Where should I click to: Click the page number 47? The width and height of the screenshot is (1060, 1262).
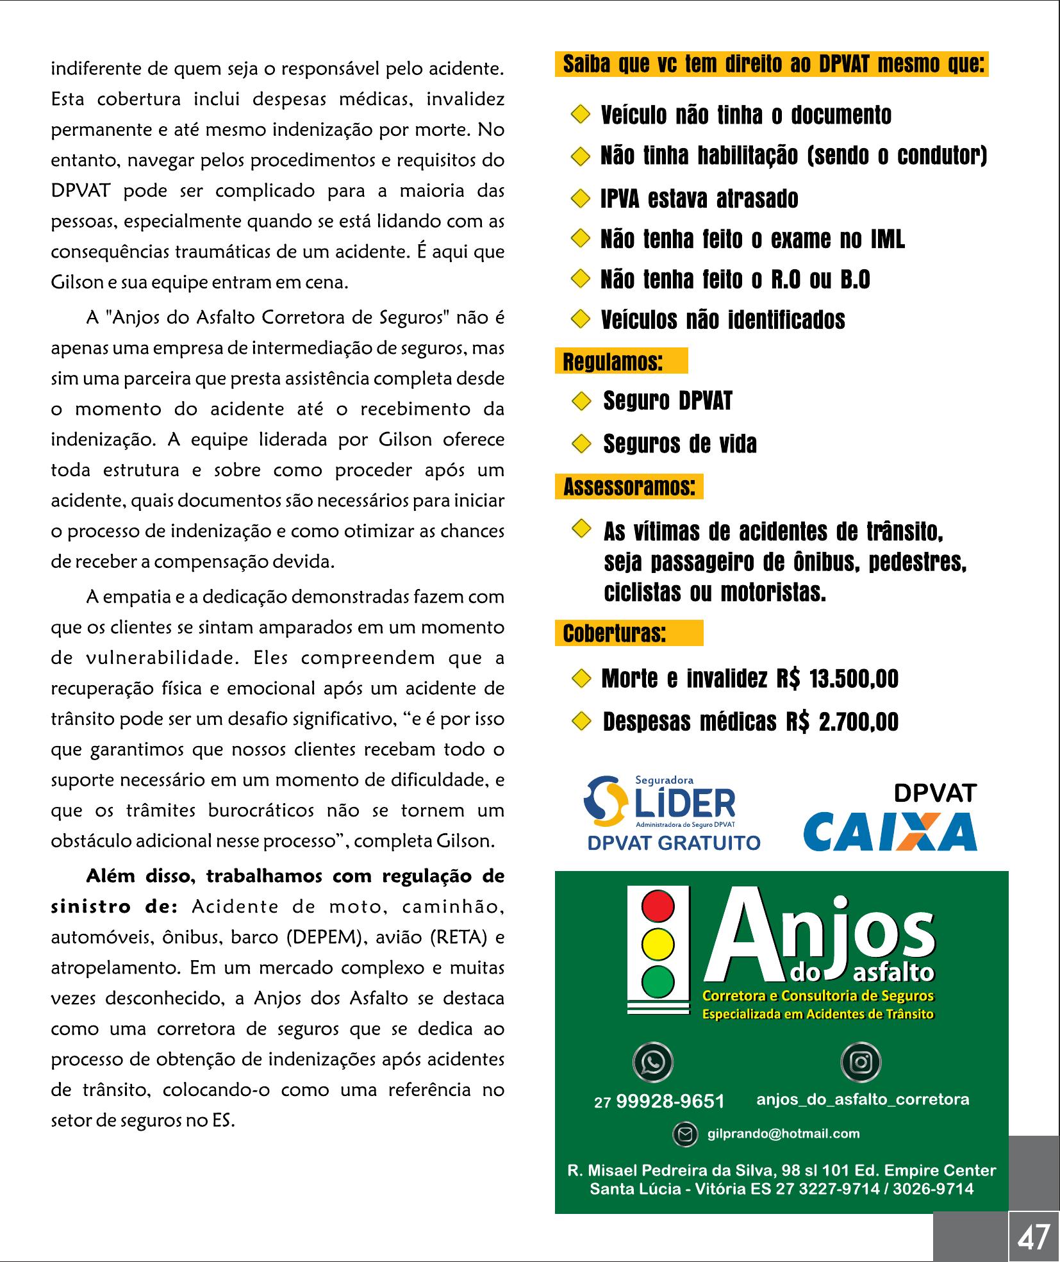point(1034,1237)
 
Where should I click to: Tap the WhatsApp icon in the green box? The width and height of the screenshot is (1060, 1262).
point(652,1062)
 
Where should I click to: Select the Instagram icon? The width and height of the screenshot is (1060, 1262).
point(861,1062)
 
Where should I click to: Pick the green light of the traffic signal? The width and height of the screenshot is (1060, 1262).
point(658,981)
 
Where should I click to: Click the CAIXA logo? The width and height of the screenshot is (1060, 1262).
point(890,831)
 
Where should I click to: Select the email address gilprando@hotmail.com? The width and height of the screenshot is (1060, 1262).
point(783,1134)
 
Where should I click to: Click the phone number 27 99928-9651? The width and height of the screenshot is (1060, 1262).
point(659,1101)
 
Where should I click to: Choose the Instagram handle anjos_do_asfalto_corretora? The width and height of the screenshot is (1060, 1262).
point(863,1100)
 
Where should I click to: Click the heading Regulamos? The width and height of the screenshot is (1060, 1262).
point(612,362)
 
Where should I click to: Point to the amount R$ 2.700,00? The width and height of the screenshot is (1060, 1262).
point(842,722)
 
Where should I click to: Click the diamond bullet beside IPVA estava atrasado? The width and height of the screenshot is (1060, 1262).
point(579,199)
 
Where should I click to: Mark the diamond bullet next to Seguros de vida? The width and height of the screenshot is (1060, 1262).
point(581,444)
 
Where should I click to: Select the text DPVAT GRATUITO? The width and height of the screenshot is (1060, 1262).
point(674,843)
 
